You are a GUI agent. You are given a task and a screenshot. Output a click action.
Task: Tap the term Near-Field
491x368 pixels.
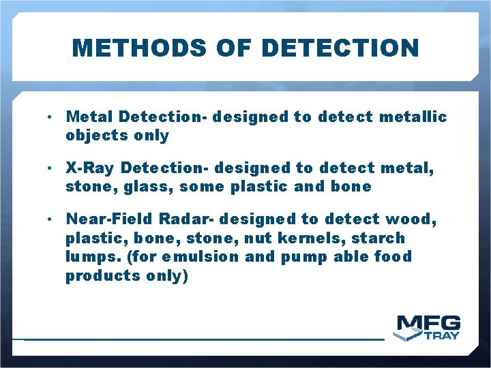tap(108, 219)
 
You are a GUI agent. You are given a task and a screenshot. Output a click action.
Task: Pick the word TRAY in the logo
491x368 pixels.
tap(442, 335)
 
